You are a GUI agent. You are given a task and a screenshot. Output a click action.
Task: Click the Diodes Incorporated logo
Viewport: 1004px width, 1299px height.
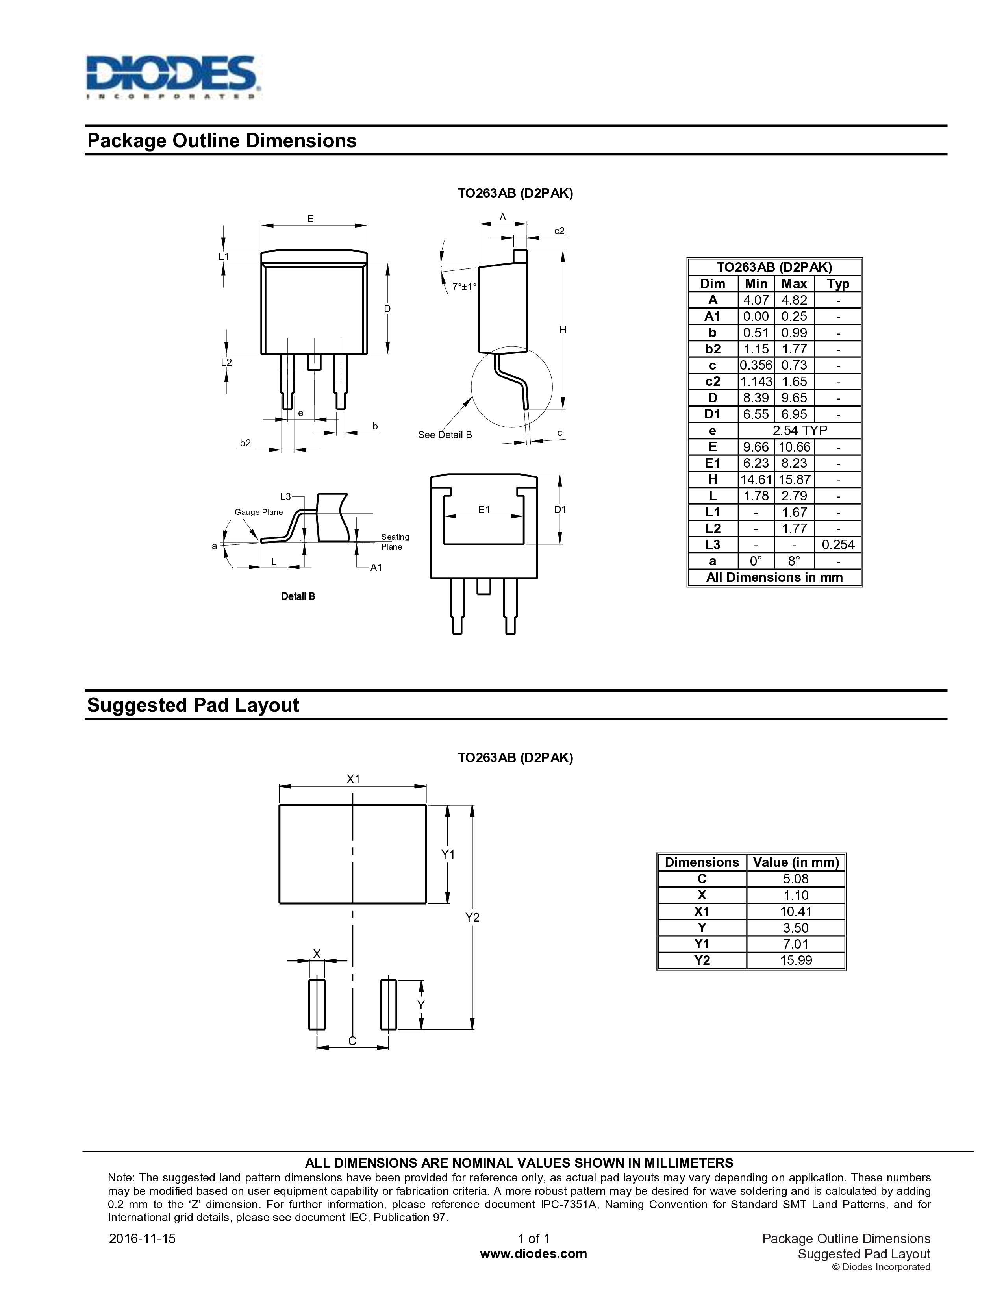pyautogui.click(x=172, y=77)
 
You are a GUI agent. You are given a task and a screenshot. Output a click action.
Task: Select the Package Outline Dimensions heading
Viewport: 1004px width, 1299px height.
pyautogui.click(x=221, y=141)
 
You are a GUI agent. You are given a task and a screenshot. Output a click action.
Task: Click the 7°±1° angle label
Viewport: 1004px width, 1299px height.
pyautogui.click(x=464, y=287)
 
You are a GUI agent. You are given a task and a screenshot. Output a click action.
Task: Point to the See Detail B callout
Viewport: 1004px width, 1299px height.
pyautogui.click(x=445, y=435)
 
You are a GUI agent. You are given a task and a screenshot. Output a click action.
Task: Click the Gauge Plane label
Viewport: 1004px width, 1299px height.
pyautogui.click(x=258, y=512)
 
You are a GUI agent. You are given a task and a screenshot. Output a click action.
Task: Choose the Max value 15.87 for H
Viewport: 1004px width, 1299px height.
pyautogui.click(x=794, y=479)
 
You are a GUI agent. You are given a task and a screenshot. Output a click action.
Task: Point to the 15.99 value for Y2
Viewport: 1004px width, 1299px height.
pyautogui.click(x=795, y=960)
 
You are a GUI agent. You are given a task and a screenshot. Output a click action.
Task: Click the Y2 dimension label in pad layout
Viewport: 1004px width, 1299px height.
pyautogui.click(x=472, y=917)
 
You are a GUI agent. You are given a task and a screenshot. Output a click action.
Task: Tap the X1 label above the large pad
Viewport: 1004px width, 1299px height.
pyautogui.click(x=353, y=779)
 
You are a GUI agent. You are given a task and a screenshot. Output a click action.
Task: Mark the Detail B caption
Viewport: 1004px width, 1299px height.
pyautogui.click(x=298, y=597)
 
